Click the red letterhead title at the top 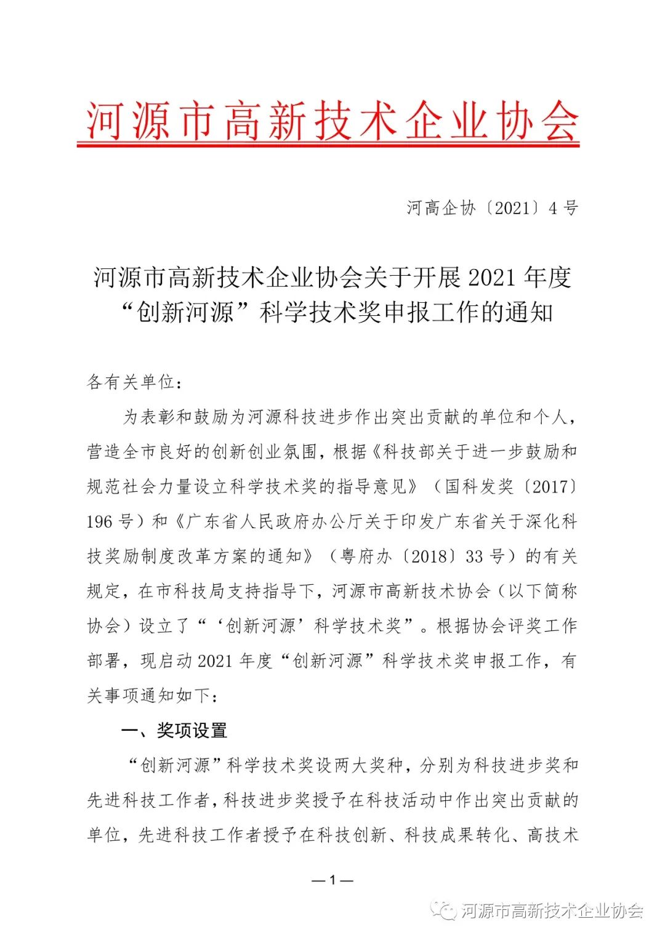point(332,121)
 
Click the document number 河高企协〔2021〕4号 point(492,208)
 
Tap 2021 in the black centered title point(491,278)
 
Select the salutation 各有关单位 point(131,382)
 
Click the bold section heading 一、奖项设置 point(174,731)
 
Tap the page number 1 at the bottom point(332,880)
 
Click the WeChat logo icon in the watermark point(443,910)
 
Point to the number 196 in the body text point(100,522)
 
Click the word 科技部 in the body point(409,452)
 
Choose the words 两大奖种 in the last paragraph point(368,766)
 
